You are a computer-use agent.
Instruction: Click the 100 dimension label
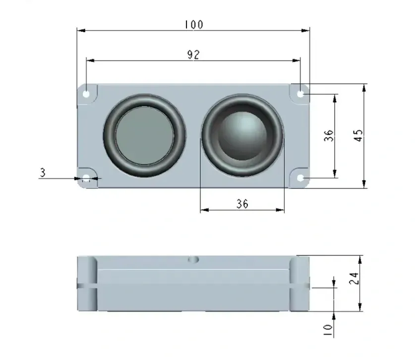click(x=194, y=25)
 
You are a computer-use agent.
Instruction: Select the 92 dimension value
click(x=193, y=55)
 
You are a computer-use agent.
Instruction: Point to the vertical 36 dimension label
click(x=328, y=135)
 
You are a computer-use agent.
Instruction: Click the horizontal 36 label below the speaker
click(x=242, y=204)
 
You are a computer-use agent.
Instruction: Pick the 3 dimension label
click(x=43, y=173)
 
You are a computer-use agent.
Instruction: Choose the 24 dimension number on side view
click(x=354, y=278)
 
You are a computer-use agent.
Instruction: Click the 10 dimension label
click(x=328, y=330)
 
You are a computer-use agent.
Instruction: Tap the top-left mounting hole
click(x=86, y=94)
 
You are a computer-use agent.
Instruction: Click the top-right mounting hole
click(x=300, y=94)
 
